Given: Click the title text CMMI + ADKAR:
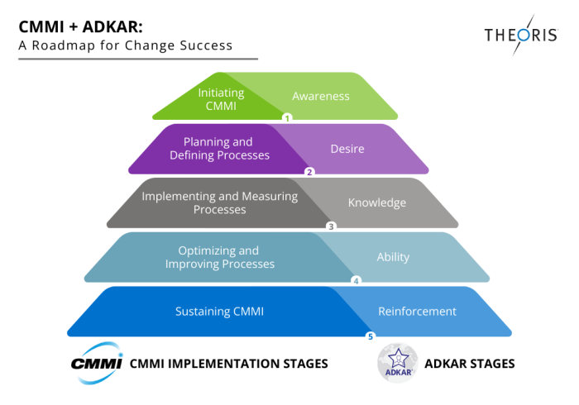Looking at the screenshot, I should (x=74, y=26).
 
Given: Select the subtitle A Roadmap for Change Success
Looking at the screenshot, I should (x=125, y=45).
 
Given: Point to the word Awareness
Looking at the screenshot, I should (x=321, y=96).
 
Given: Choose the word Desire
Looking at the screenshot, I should (x=347, y=149).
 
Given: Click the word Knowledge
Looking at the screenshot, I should (x=376, y=202).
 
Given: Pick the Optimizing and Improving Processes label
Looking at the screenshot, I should (x=219, y=257).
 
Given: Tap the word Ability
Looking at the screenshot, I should (x=393, y=257).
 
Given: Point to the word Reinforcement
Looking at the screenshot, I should (x=417, y=312).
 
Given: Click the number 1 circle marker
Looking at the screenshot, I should (x=287, y=118).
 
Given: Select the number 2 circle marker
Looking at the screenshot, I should (x=309, y=172).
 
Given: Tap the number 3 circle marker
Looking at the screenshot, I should (x=331, y=226).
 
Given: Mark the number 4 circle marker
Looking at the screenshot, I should (x=356, y=280).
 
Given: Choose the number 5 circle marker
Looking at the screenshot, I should (x=370, y=336).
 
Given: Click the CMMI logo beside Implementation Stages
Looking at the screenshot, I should (x=96, y=362).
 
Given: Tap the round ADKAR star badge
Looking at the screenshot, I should (x=398, y=364).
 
